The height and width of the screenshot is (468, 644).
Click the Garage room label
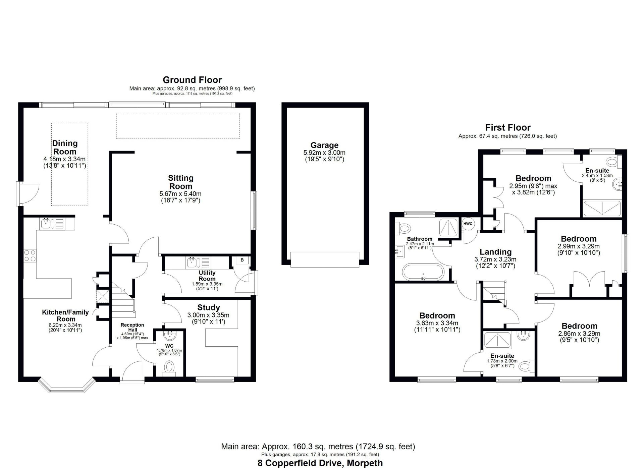[x=324, y=145]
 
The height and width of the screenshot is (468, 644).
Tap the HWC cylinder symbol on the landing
[x=468, y=224]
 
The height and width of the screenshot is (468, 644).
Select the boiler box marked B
[x=242, y=260]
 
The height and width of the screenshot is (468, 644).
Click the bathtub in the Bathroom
[x=423, y=272]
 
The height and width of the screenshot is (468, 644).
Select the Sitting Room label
[x=180, y=182]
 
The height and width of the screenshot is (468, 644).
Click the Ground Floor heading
[x=192, y=80]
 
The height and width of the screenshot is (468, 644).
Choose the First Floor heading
[x=508, y=127]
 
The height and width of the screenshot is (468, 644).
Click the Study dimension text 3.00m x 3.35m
[x=208, y=315]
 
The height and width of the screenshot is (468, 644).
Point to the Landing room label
[x=495, y=252]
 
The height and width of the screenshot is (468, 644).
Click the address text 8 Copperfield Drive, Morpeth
[x=320, y=463]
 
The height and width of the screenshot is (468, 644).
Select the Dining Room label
[x=65, y=147]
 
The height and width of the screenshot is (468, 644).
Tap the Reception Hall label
[x=132, y=327]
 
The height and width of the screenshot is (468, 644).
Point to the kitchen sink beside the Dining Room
[x=53, y=223]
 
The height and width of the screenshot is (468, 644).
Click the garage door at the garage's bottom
[x=325, y=259]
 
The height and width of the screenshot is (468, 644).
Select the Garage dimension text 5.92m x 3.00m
[x=324, y=153]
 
